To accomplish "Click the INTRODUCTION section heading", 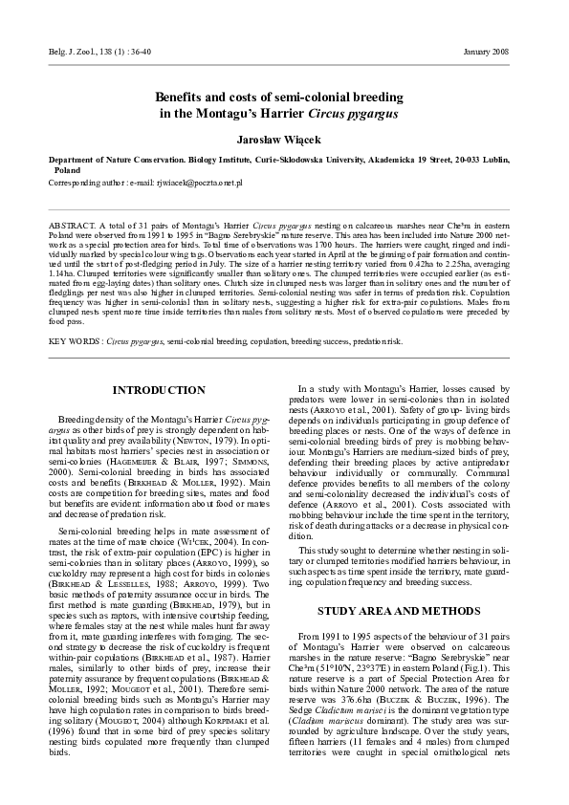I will (158, 391).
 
